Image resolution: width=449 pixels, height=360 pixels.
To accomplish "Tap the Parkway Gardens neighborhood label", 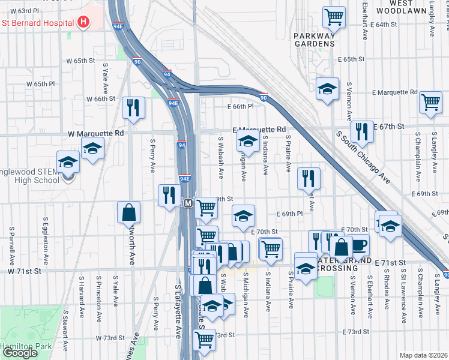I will click(314, 40).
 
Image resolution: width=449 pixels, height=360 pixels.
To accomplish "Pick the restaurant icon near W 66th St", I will click(133, 107).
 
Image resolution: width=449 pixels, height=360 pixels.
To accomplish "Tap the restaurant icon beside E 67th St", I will click(361, 130).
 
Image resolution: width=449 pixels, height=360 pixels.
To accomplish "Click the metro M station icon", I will click(187, 204).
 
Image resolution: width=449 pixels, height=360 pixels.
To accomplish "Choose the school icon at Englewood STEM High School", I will click(68, 161).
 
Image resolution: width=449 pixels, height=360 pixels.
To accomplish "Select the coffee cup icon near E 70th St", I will click(359, 244).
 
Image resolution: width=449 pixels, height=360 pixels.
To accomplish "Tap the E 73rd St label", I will click(355, 332).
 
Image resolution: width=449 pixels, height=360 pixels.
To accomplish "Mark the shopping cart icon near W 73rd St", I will click(205, 340).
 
